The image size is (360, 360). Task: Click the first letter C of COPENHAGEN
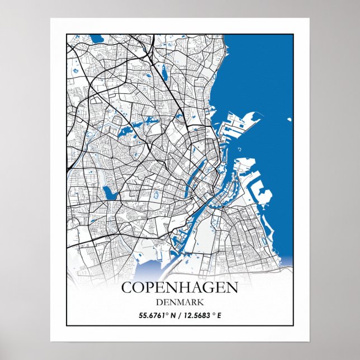[x=127, y=288]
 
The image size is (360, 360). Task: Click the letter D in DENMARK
[x=159, y=302]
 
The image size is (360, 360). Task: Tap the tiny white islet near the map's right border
[x=289, y=119]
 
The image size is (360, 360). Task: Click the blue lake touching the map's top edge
[x=96, y=39]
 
